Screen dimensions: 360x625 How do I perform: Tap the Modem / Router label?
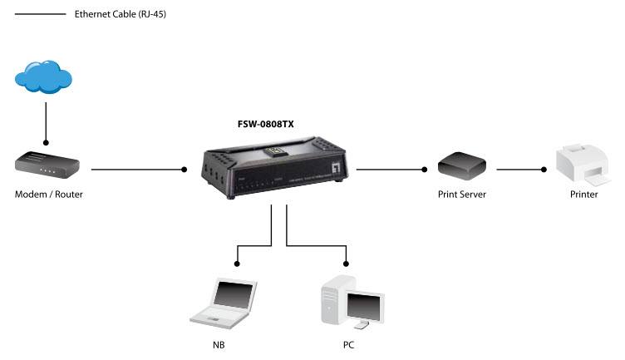point(48,195)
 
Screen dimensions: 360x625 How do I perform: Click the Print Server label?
point(462,195)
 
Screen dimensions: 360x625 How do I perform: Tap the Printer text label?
point(583,195)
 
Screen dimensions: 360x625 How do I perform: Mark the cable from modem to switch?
point(137,170)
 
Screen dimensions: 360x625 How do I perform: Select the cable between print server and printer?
point(520,170)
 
